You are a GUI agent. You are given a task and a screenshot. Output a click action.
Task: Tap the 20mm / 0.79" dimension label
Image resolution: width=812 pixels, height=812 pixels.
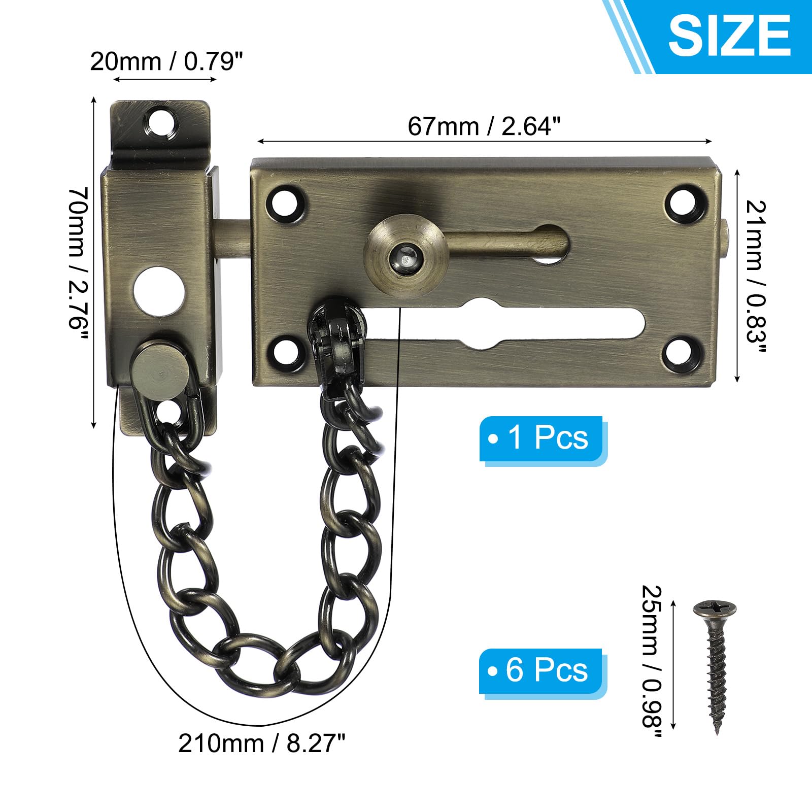[x=166, y=61]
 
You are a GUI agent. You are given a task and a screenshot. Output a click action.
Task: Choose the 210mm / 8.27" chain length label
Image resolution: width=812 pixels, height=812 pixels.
[x=262, y=744]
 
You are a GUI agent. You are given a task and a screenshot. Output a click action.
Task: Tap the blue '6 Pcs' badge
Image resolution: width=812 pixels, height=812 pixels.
[x=542, y=670]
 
